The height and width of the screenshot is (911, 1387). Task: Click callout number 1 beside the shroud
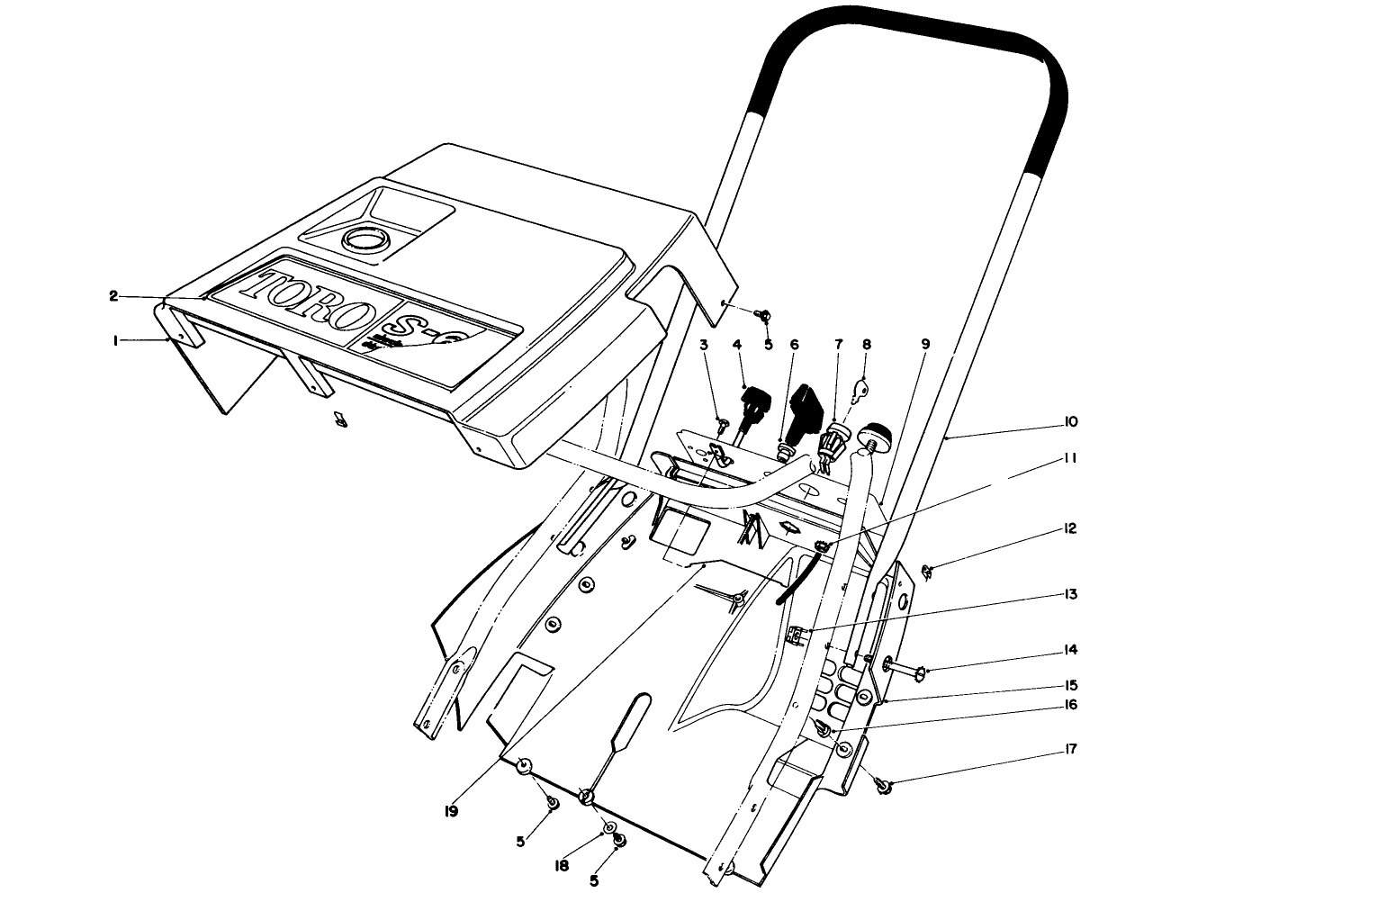tap(115, 340)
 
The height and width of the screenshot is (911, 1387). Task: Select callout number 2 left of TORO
tap(113, 296)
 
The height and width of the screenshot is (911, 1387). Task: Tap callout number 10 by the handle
tap(1070, 422)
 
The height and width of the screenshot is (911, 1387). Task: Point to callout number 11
tap(1070, 458)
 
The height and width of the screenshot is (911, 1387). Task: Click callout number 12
tap(1070, 528)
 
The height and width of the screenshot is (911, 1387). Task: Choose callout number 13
tap(1070, 594)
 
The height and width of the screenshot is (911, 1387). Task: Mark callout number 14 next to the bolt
tap(1070, 649)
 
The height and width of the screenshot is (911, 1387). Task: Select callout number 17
tap(1070, 749)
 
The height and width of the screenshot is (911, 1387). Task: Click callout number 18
tap(563, 865)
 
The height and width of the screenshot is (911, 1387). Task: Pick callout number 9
tap(924, 344)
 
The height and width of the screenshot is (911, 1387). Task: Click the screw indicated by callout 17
tap(886, 787)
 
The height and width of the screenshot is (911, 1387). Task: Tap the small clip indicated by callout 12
tap(928, 569)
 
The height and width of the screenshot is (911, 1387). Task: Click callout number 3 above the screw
tap(704, 344)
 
